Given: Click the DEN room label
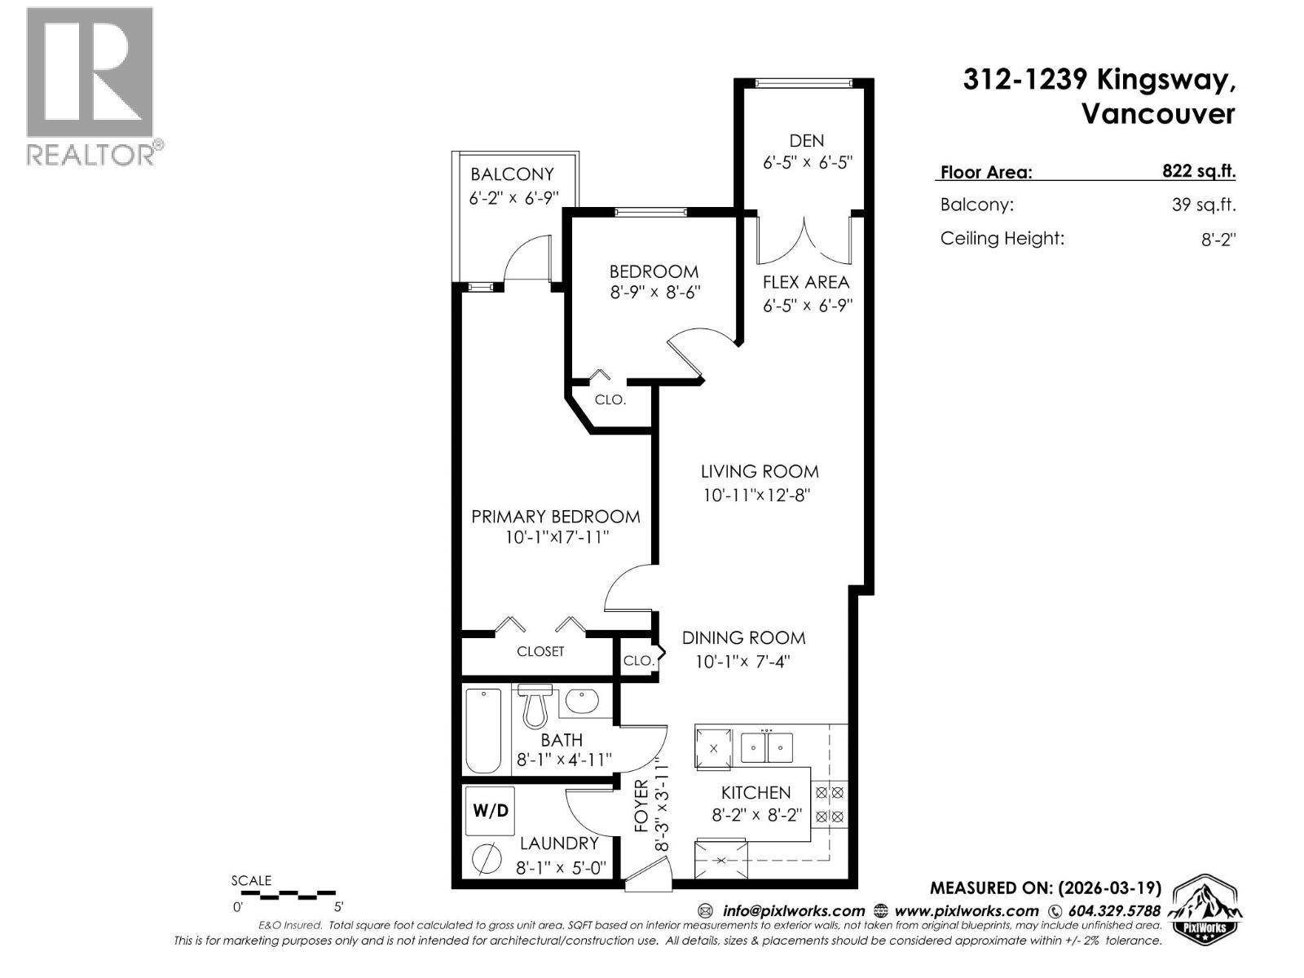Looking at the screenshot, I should tap(806, 140).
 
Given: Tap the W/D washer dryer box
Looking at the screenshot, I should tap(490, 810).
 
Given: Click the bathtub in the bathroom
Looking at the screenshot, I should tap(482, 731).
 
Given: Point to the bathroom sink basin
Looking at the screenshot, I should tap(582, 702).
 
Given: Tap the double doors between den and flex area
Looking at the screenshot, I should tap(806, 240).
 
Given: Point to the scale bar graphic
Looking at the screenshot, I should tap(288, 894).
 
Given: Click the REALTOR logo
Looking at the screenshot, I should tap(90, 86).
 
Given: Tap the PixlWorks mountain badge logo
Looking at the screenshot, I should tap(1205, 910).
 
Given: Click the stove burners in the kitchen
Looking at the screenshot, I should tap(830, 804).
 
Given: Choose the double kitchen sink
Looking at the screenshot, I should tap(767, 746).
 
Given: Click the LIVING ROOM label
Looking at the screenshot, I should tap(760, 471).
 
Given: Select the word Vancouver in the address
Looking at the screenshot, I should tap(1157, 114).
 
